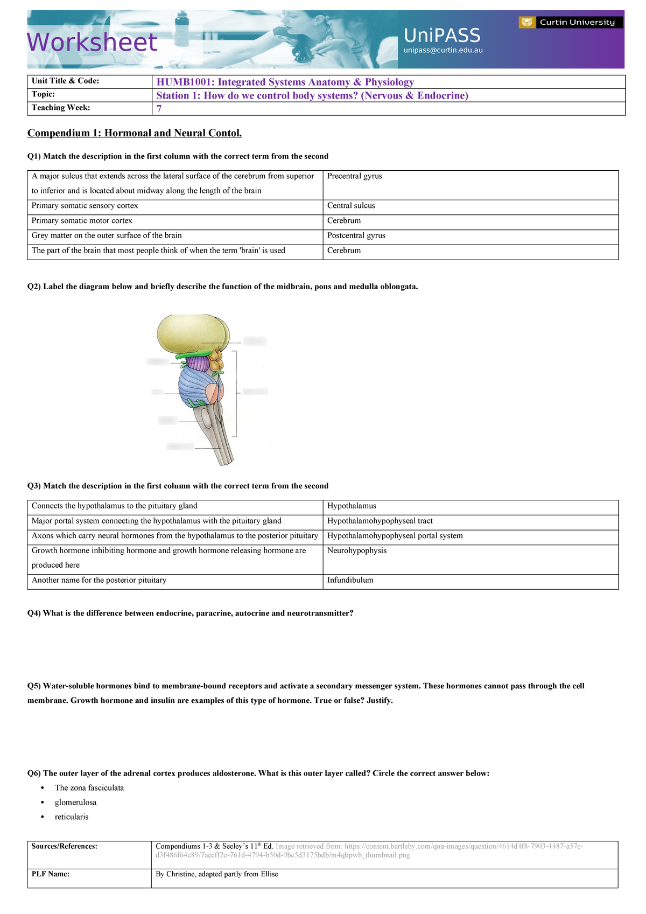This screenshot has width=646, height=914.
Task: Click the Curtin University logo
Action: coord(570,22)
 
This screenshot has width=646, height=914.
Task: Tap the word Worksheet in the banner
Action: coord(92,43)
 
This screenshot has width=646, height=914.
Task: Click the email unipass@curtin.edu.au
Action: coord(443,50)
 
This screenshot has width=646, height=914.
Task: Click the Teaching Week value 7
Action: coord(159,108)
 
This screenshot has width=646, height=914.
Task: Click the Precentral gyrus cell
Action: coord(354,176)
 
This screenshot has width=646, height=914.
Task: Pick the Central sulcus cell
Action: coord(351,206)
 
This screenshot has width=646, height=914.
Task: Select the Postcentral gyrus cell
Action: coord(356,235)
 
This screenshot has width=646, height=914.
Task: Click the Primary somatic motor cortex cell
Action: coord(82,221)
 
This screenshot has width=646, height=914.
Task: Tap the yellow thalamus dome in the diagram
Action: coord(191,333)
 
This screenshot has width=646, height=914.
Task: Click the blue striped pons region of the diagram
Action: coord(196,385)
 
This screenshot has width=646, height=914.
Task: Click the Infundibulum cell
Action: coord(350,580)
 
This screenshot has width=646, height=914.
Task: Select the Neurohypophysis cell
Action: coord(356,550)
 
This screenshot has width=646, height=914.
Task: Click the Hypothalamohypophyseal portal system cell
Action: coord(395,535)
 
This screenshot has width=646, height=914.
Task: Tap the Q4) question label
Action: coord(34,613)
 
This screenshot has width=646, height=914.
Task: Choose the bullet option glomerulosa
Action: coord(75,802)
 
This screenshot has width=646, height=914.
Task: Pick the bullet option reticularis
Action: coord(72,817)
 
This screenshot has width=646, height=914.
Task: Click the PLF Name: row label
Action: coord(51,874)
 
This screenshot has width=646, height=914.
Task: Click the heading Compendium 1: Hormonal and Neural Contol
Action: coord(135,133)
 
